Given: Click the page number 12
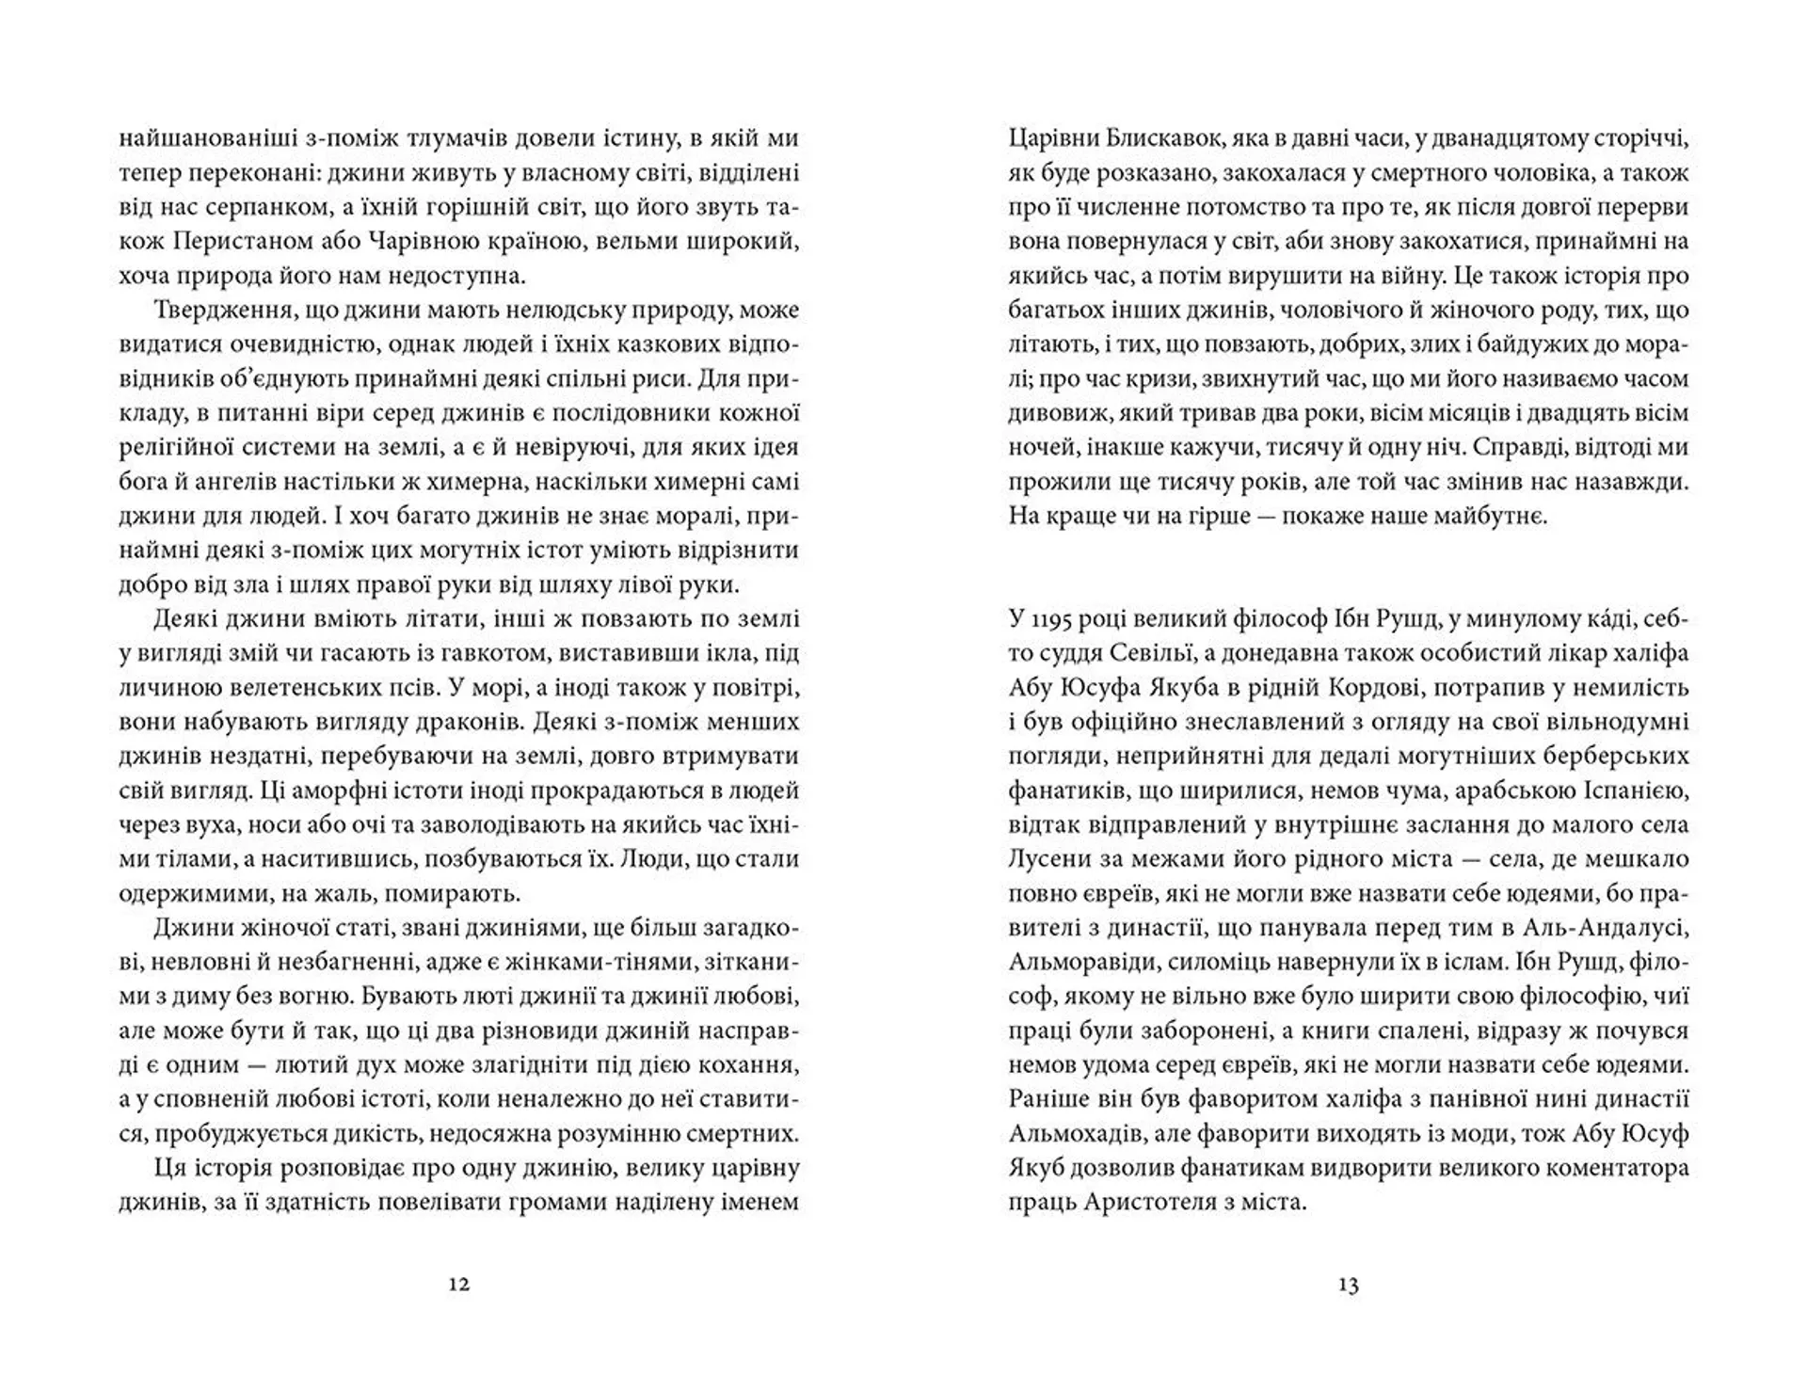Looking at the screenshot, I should pos(458,1285).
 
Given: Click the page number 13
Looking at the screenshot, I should pos(1348,1285).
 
